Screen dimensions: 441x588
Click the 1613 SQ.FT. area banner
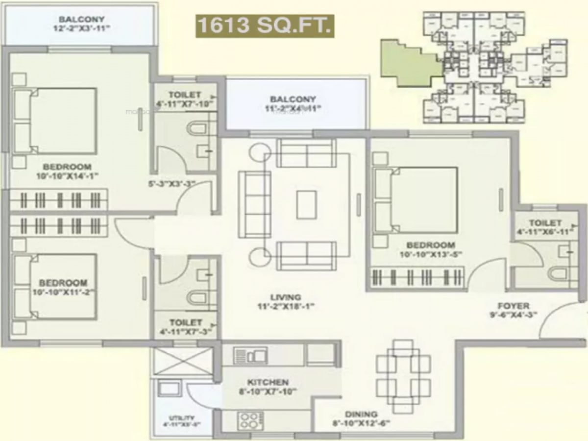265,25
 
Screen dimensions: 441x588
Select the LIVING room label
285,297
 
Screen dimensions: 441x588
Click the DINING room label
361,414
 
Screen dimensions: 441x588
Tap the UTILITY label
181,417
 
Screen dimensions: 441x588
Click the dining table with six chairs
403,376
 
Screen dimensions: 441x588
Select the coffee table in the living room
308,204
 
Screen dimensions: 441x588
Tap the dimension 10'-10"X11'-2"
63,292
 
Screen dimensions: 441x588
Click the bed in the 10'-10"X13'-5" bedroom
416,200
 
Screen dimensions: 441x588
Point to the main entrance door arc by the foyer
563,323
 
